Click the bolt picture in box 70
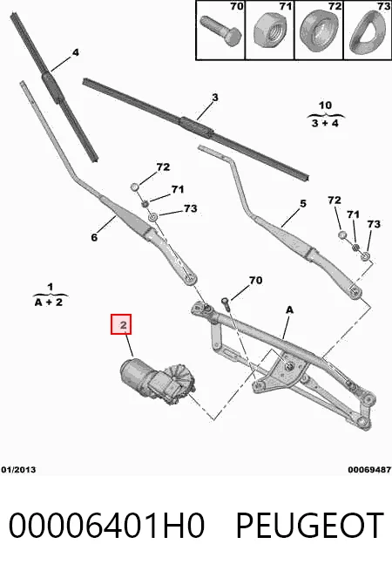point(220,32)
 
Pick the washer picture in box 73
point(367,31)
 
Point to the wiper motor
point(158,380)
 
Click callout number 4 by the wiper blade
point(75,52)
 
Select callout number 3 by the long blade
point(215,98)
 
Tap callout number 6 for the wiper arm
point(94,237)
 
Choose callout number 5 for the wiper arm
point(303,204)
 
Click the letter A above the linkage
point(289,309)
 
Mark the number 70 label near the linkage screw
point(255,280)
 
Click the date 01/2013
point(18,470)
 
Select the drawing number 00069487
point(369,470)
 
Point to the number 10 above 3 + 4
point(325,105)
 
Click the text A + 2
point(49,302)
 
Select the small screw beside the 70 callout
point(226,303)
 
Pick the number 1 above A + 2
point(51,287)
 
